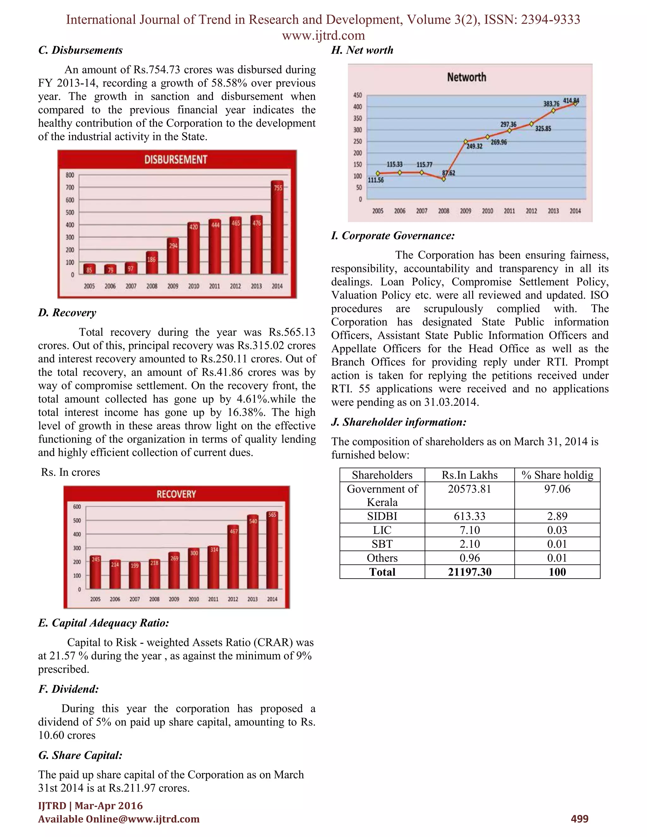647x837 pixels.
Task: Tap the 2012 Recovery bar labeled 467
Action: pos(233,557)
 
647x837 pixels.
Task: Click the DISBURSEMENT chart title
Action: pos(176,160)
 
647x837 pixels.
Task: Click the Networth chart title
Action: pos(467,77)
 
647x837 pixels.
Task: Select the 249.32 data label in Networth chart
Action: pos(475,147)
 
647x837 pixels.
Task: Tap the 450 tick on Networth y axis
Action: pos(357,95)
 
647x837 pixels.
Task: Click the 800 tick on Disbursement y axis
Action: pos(70,175)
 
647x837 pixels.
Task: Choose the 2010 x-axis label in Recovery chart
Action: pos(194,599)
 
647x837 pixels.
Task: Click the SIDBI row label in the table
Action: pos(382,516)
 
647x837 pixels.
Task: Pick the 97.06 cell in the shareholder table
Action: pos(557,489)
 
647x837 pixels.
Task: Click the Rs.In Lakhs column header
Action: pos(469,475)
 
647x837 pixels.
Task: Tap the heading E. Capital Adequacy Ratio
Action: pos(104,623)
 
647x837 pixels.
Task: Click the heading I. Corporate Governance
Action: pos(393,236)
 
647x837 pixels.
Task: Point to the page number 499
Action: pos(579,819)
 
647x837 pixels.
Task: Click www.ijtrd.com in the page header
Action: pos(323,36)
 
